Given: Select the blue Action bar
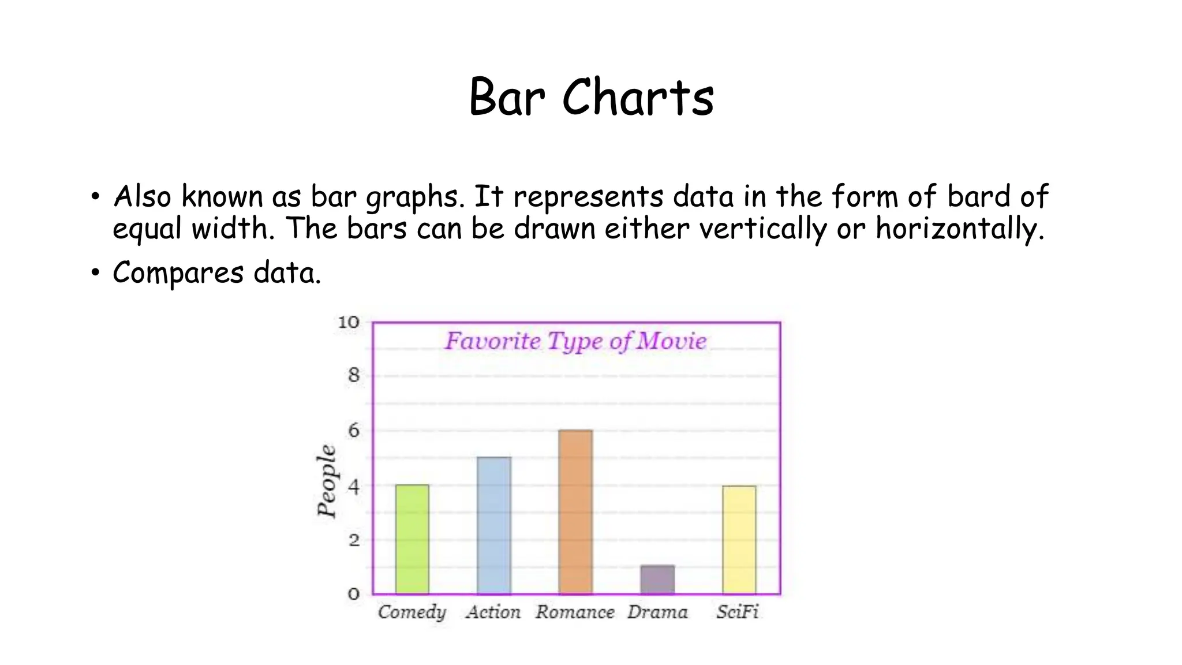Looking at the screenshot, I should click(494, 525).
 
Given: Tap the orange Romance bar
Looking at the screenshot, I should click(575, 511).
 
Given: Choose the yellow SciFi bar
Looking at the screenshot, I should click(739, 539).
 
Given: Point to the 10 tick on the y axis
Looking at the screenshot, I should click(348, 322).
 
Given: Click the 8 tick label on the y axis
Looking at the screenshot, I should click(353, 376).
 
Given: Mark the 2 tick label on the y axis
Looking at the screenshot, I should click(353, 541).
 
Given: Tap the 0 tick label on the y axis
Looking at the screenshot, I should click(353, 594).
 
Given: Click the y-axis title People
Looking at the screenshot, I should click(327, 480).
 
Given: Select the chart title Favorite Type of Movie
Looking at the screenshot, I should click(575, 341).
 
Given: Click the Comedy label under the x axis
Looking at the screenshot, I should click(412, 612).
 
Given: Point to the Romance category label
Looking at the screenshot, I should click(575, 612).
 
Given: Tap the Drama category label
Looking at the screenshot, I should click(657, 612).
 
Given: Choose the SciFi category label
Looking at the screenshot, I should click(737, 612).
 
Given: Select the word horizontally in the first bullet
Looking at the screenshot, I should click(960, 228).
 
